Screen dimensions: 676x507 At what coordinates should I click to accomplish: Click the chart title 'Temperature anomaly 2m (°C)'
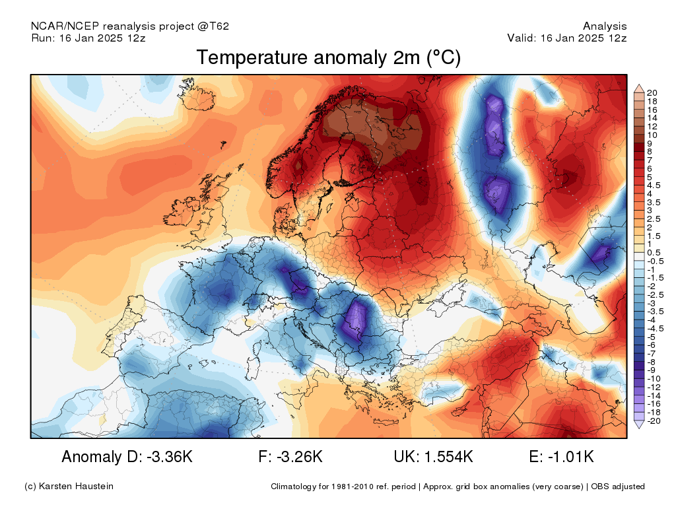point(329,58)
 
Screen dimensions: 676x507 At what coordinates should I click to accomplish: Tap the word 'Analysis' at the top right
point(605,26)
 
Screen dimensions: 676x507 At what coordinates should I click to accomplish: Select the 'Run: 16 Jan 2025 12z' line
point(88,38)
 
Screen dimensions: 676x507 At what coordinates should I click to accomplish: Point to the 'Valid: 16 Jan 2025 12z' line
point(566,38)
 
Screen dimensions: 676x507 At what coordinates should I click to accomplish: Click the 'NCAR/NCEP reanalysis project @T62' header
point(130,26)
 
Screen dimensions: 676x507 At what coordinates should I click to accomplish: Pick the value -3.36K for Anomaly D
point(170,457)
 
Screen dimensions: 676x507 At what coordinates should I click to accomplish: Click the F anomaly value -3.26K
point(300,457)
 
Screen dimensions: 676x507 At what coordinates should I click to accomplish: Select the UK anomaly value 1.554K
point(448,457)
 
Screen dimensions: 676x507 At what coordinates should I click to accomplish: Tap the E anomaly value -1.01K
point(571,457)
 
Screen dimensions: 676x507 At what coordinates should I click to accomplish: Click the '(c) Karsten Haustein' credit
point(69,487)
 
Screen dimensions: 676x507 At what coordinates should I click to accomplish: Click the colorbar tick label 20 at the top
point(652,92)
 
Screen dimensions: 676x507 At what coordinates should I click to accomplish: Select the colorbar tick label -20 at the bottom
point(654,421)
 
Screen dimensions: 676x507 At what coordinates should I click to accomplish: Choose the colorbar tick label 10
point(652,135)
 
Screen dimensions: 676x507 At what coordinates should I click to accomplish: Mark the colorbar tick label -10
point(654,379)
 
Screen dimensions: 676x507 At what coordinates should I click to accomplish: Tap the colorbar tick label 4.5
point(654,186)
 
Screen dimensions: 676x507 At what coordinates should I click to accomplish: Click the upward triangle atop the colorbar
point(639,89)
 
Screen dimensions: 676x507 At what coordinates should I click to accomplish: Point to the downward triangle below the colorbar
point(639,424)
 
